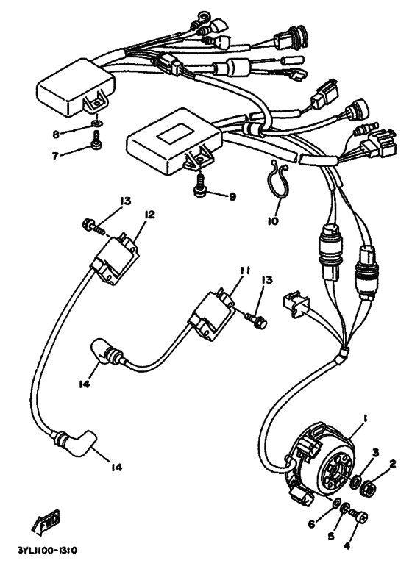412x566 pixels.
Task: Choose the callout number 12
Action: tap(149, 214)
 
